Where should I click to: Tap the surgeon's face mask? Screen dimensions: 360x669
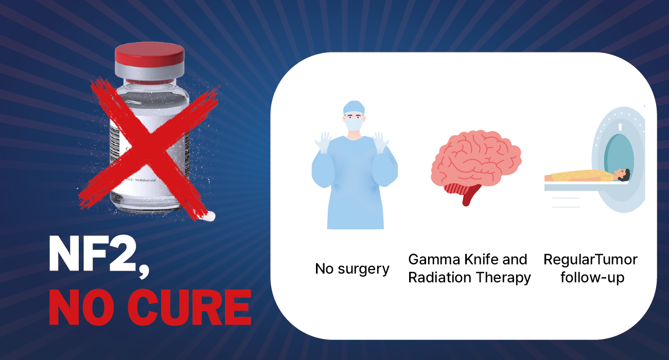coord(354,123)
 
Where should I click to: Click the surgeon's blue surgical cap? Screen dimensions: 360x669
coord(354,107)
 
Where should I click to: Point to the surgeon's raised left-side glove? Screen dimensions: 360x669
coord(324,142)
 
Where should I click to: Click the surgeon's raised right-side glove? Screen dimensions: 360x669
coord(381,142)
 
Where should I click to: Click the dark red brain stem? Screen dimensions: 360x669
coord(468,195)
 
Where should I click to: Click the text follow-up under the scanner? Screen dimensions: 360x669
coord(592,278)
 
